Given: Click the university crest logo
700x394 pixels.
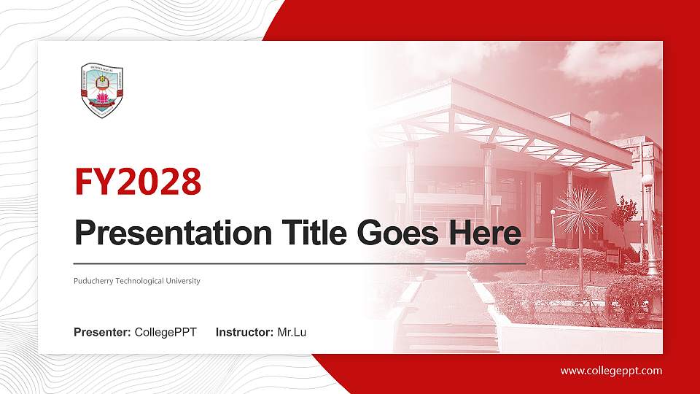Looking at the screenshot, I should click(x=101, y=90).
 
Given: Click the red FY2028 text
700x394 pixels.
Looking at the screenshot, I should click(x=138, y=182).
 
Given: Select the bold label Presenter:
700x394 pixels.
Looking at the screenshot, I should click(x=102, y=333).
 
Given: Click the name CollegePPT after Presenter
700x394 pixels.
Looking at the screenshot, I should click(x=166, y=333).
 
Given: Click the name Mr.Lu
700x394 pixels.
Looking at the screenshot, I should click(x=292, y=333).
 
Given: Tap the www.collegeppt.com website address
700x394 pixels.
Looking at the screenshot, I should click(x=611, y=371).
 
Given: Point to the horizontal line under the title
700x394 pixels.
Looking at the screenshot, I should click(x=299, y=263).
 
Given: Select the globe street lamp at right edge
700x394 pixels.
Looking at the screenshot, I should click(x=647, y=182).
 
